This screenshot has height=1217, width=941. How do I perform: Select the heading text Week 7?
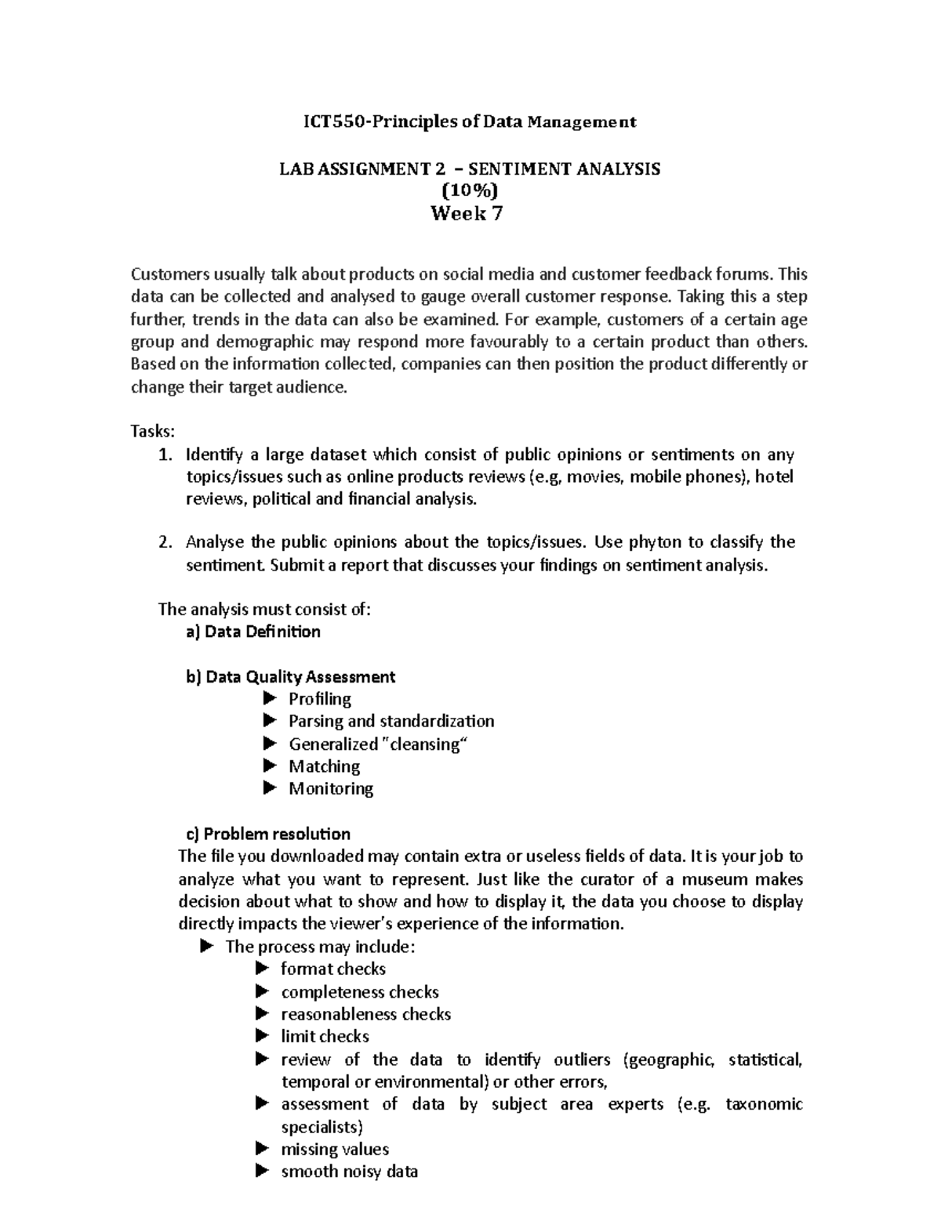coord(467,214)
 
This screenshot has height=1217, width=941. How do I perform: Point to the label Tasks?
coord(154,431)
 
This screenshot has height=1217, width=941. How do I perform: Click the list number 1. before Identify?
coord(164,455)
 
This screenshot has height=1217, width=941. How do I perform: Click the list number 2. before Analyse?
coord(164,542)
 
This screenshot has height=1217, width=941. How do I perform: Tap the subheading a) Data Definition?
coord(253,632)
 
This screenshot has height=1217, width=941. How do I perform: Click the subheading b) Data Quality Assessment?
coord(290,677)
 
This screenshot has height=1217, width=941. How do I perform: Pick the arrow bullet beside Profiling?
coord(271,698)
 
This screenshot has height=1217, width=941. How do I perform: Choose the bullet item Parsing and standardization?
coord(391,721)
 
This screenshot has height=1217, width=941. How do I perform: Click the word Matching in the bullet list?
coord(324,766)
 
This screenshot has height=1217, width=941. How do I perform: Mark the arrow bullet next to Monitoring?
coord(271,788)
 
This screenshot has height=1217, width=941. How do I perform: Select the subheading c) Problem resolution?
coord(267,833)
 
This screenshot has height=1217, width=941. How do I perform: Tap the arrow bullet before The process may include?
coord(207,946)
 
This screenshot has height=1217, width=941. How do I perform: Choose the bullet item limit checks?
coord(325,1036)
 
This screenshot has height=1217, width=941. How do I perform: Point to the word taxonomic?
coord(764,1104)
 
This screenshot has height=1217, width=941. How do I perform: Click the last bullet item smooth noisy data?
coord(349,1172)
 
